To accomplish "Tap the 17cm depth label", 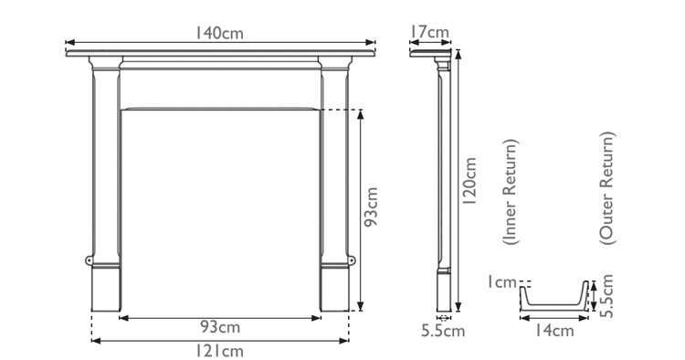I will pyautogui.click(x=428, y=33).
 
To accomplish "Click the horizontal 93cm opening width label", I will pyautogui.click(x=220, y=326).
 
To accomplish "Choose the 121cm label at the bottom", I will pyautogui.click(x=220, y=350).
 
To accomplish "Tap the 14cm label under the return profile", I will pyautogui.click(x=554, y=331).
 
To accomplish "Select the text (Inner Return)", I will pyautogui.click(x=511, y=192).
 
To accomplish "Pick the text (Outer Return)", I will pyautogui.click(x=607, y=187).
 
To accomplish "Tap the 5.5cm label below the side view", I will pyautogui.click(x=443, y=331).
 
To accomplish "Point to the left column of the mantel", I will pyautogui.click(x=106, y=164).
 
